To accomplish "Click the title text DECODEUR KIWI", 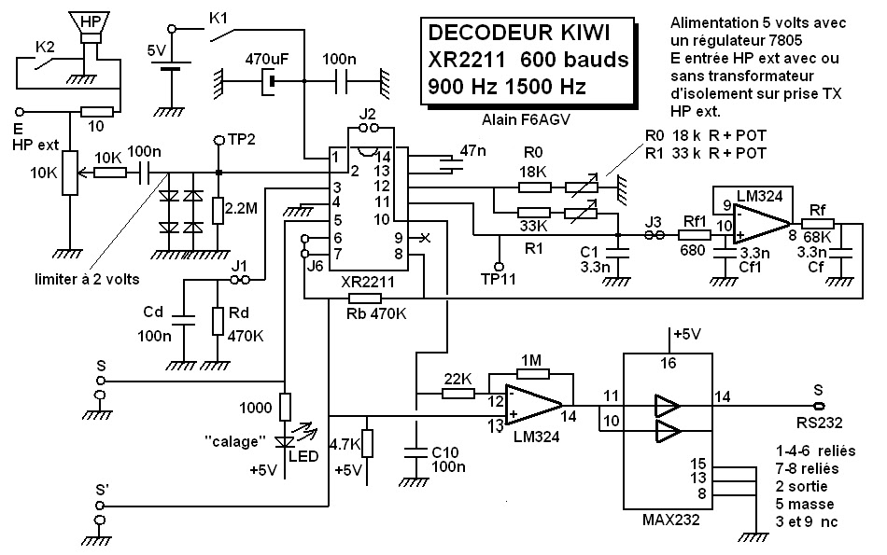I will pyautogui.click(x=518, y=33).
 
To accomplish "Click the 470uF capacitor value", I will pyautogui.click(x=266, y=58).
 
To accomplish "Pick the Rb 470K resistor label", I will pyautogui.click(x=377, y=313).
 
